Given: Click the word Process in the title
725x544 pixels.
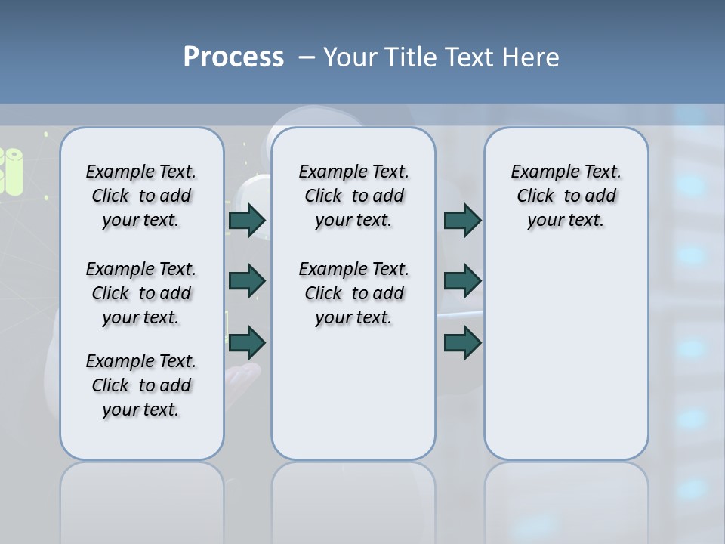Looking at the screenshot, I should [233, 57].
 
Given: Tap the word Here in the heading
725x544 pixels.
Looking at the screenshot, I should [532, 57].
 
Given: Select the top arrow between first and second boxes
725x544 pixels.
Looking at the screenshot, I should [247, 220].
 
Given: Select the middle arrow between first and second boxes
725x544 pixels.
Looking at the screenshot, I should [247, 281].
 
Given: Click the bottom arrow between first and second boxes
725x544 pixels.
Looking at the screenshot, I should [247, 343].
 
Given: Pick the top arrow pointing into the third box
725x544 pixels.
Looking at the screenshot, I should [462, 220].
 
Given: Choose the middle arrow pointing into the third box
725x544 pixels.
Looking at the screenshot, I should [462, 281].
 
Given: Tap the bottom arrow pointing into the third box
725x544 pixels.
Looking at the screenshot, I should [462, 343].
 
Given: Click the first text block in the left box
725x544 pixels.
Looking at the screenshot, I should [141, 196].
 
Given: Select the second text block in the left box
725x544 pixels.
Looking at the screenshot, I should [141, 293].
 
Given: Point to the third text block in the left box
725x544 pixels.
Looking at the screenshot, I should [141, 385].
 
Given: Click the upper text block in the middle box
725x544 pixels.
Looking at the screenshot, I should [353, 196].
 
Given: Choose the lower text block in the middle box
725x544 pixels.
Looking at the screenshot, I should [353, 293].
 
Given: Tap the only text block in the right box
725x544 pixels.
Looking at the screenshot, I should [566, 196].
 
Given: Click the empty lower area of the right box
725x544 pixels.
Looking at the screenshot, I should [566, 363].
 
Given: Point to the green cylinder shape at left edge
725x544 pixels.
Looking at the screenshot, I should [12, 170].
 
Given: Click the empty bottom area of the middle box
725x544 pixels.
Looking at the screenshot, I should [353, 400].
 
